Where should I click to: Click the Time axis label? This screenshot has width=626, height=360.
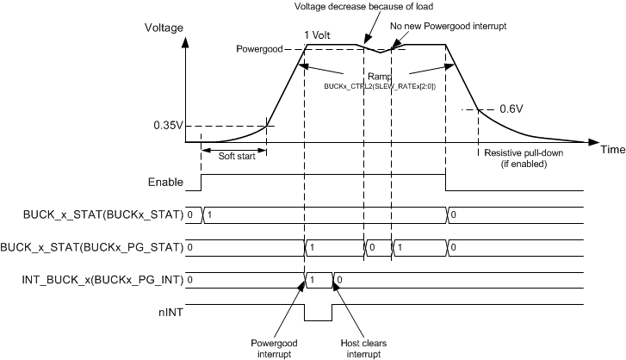[612, 149]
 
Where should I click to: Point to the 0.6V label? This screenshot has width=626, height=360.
[511, 109]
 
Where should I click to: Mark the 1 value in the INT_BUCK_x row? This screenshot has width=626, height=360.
[313, 280]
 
